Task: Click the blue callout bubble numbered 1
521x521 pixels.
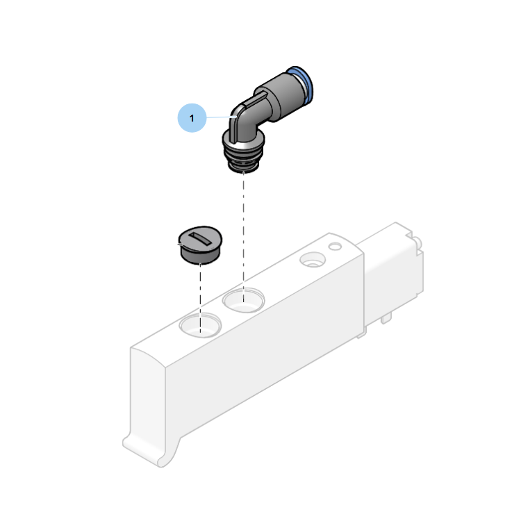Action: tap(192, 118)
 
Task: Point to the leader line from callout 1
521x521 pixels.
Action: tap(222, 117)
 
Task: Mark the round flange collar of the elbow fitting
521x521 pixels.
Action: tap(244, 141)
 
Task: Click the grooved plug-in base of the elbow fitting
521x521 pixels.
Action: tap(244, 160)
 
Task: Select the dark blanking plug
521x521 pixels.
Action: tap(200, 245)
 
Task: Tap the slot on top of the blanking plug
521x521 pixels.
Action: tap(200, 239)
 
